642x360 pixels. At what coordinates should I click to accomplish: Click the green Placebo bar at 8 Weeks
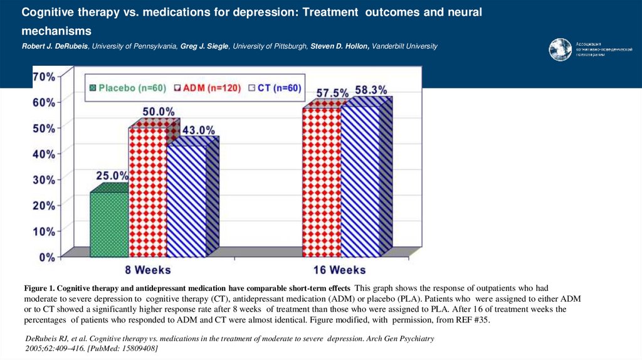click(x=109, y=224)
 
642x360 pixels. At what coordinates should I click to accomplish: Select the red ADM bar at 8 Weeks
click(x=148, y=191)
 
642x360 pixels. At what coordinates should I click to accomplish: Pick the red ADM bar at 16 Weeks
click(x=321, y=182)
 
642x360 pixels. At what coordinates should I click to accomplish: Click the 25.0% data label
click(x=112, y=176)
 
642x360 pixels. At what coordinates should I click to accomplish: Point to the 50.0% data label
click(x=158, y=112)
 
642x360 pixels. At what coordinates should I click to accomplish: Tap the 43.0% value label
click(x=198, y=130)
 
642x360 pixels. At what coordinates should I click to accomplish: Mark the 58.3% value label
click(x=371, y=90)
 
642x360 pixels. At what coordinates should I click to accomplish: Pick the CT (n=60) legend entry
click(x=273, y=88)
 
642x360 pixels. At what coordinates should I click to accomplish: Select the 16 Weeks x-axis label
click(x=339, y=270)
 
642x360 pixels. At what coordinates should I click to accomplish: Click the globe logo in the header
click(x=560, y=50)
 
